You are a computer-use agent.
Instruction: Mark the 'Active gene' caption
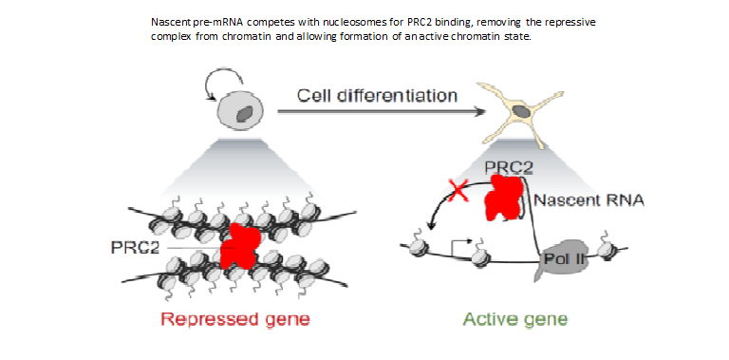pyautogui.click(x=515, y=318)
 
